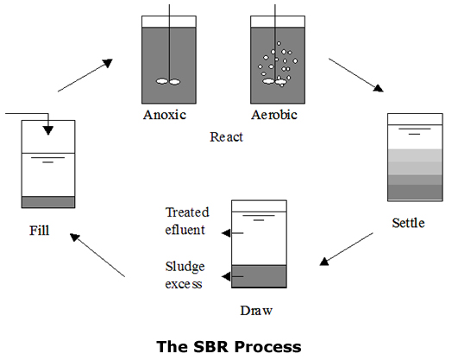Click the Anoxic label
165,115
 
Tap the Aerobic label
274,115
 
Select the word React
226,137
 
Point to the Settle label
408,223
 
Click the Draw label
256,311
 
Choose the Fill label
40,231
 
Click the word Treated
187,212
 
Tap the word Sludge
185,267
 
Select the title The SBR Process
229,346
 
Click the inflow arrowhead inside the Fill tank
48,130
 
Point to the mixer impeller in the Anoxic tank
168,82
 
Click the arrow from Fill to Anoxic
85,76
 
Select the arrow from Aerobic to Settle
356,75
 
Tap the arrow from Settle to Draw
346,249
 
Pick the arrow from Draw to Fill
97,255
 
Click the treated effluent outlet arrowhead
226,233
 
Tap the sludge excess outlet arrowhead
226,276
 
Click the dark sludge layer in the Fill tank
48,202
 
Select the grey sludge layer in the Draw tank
259,276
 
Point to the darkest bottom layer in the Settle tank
415,192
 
